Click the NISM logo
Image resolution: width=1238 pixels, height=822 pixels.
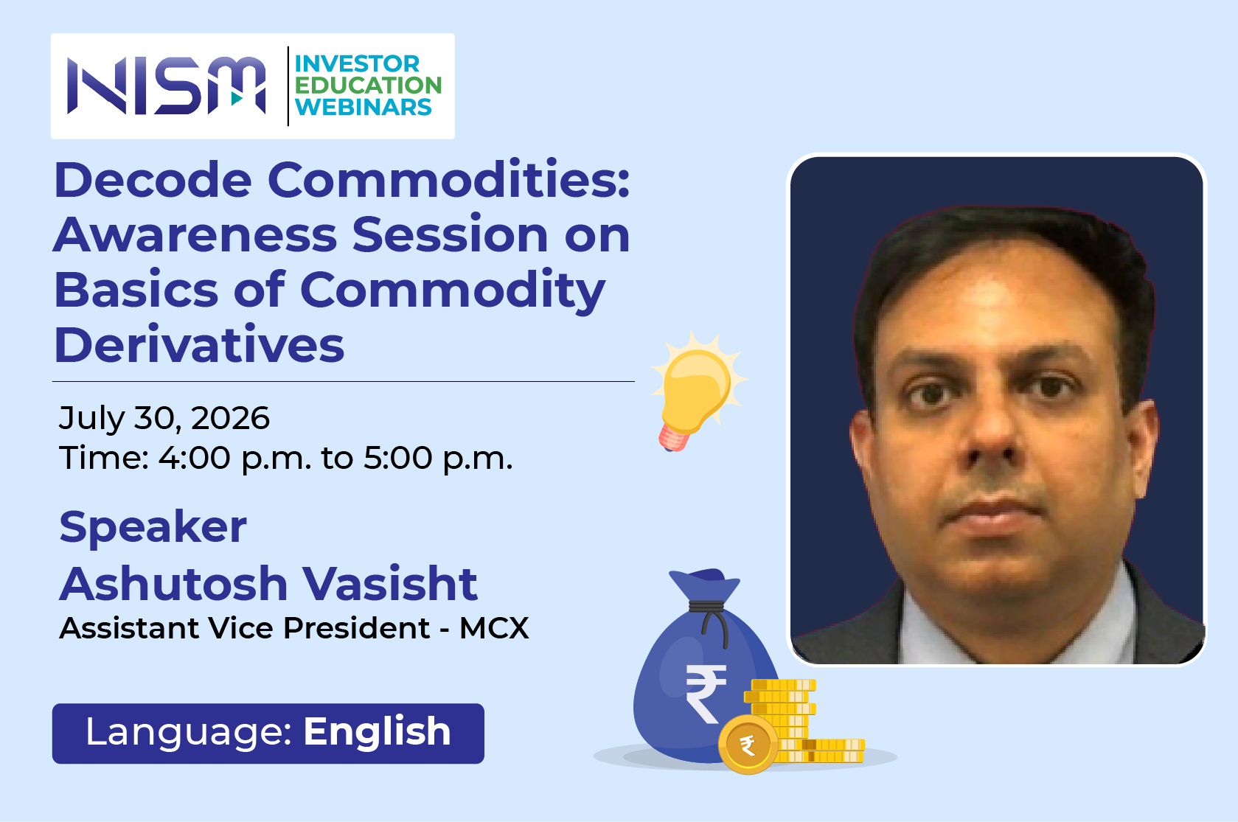(167, 86)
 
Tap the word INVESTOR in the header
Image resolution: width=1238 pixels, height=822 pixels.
(357, 64)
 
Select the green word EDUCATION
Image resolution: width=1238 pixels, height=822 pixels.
(368, 86)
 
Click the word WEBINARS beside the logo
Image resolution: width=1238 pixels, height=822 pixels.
(363, 107)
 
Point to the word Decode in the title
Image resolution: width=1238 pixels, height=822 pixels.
(153, 180)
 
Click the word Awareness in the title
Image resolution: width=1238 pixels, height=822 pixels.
(195, 234)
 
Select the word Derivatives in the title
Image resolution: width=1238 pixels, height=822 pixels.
(199, 345)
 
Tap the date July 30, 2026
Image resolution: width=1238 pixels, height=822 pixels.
(164, 419)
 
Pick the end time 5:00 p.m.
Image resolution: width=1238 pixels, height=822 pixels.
(438, 459)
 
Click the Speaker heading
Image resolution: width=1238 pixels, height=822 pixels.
(153, 528)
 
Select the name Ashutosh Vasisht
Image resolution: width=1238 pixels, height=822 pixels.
(268, 583)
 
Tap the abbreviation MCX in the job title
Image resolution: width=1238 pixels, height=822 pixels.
(494, 628)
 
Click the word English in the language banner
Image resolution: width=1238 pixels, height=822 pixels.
(377, 732)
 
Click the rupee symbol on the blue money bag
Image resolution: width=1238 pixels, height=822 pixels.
(706, 693)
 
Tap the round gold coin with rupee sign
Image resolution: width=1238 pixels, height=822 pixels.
(748, 745)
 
